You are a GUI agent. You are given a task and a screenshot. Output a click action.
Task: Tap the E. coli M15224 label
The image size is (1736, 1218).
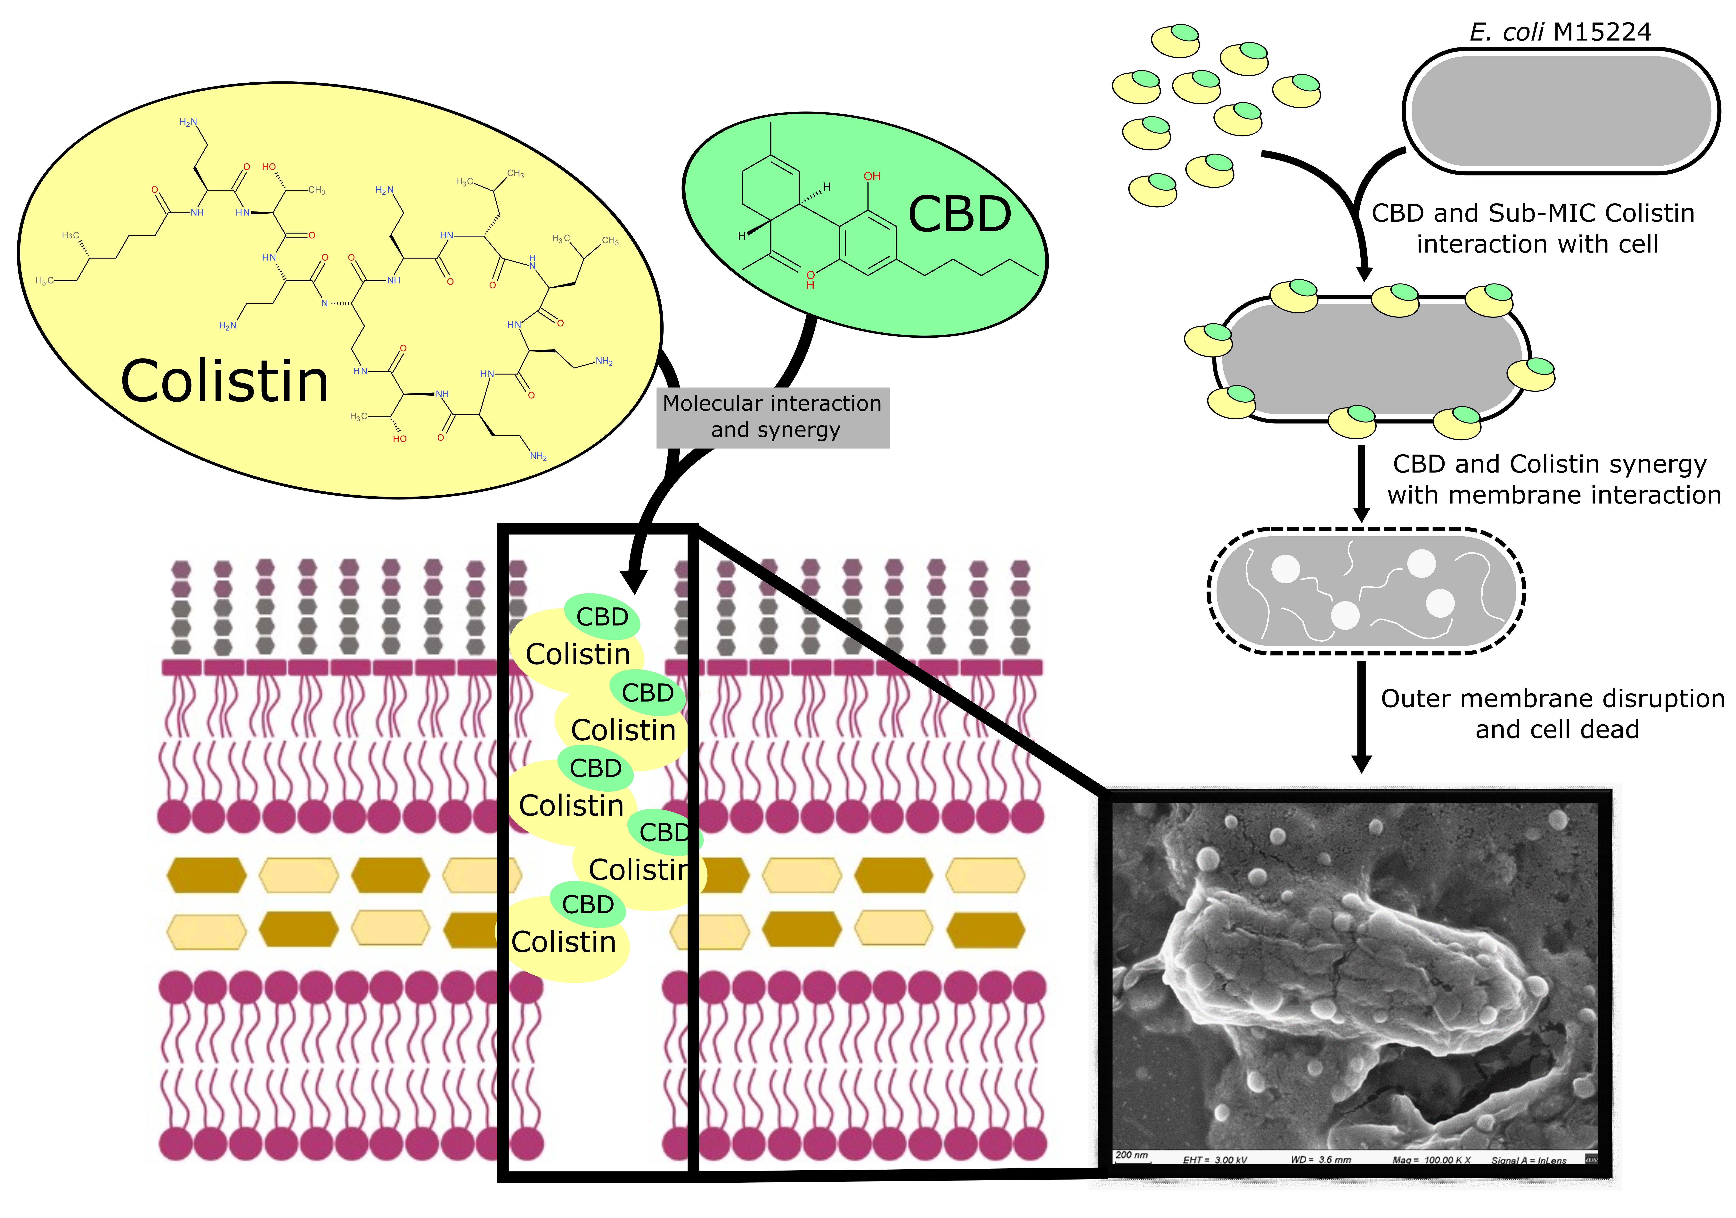click(x=1560, y=32)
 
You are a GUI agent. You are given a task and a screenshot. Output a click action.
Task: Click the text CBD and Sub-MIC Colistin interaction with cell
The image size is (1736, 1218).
click(x=1533, y=228)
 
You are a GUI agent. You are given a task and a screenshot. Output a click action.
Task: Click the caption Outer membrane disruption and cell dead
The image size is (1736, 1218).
click(x=1554, y=714)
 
